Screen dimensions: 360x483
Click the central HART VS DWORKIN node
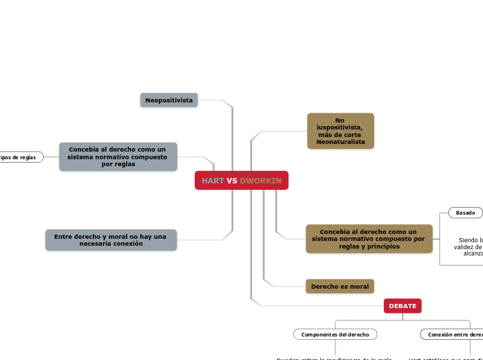tap(241, 181)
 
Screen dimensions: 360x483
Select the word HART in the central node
tap(213, 181)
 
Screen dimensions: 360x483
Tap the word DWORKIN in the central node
tap(261, 181)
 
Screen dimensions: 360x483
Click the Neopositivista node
tap(169, 100)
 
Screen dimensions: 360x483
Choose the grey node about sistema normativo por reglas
tap(118, 156)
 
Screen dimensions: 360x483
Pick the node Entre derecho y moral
tap(110, 240)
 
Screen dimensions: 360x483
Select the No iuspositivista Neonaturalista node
tap(340, 131)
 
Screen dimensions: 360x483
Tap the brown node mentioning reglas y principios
tap(369, 238)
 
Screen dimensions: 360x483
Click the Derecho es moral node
tap(340, 286)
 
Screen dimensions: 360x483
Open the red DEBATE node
tap(403, 305)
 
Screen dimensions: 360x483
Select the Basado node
tap(466, 213)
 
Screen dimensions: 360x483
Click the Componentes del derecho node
tap(335, 334)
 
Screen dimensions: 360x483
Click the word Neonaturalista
tap(340, 142)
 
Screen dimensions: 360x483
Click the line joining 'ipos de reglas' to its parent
tap(51, 157)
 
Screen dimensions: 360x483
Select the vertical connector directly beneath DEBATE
tap(403, 316)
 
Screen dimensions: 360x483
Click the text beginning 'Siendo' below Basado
tap(471, 240)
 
